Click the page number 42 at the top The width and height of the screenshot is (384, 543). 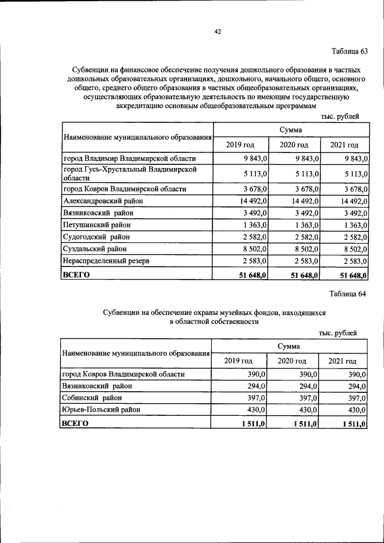pyautogui.click(x=218, y=32)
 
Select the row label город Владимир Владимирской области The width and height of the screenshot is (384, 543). pyautogui.click(x=129, y=158)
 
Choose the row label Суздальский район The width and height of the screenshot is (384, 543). pyautogui.click(x=95, y=249)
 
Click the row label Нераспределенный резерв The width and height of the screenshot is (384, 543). pyautogui.click(x=107, y=261)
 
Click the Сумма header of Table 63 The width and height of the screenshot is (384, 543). pyautogui.click(x=290, y=130)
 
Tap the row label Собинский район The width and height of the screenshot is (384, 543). pyautogui.click(x=91, y=398)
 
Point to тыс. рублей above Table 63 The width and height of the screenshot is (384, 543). pyautogui.click(x=340, y=116)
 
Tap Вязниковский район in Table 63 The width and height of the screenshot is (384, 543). pyautogui.click(x=98, y=213)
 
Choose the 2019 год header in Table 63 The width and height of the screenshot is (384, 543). pyautogui.click(x=240, y=145)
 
